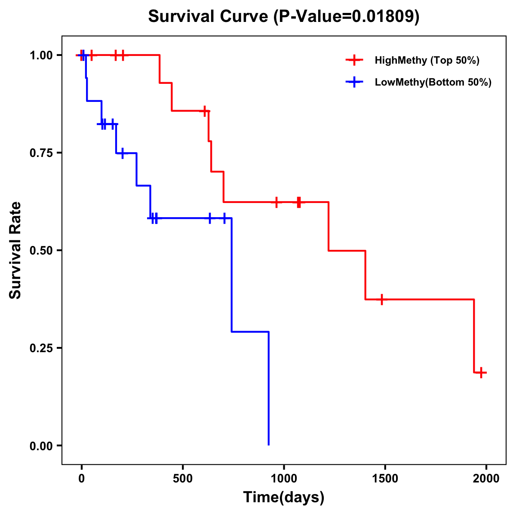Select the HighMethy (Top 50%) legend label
[427, 60]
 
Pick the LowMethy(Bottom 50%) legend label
[433, 82]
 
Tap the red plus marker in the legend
[354, 60]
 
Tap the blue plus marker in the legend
[354, 82]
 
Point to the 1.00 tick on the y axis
[41, 55]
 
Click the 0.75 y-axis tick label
[41, 153]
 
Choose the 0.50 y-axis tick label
[41, 251]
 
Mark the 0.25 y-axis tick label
[41, 348]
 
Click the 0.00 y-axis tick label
[41, 446]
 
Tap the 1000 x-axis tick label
[284, 479]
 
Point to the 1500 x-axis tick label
[385, 479]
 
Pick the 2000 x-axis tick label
[486, 479]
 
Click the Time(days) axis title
[284, 498]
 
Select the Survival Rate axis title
[15, 250]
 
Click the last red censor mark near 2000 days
[482, 372]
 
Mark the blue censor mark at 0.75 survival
[123, 153]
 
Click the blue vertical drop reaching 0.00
[269, 387]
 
